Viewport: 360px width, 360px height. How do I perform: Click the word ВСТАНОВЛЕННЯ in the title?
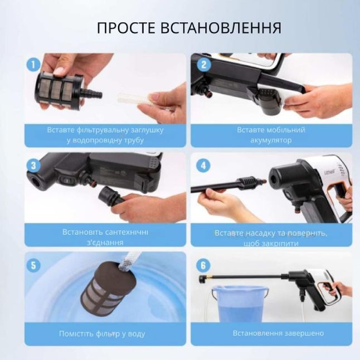click(x=221, y=28)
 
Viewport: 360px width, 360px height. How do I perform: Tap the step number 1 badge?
click(x=33, y=64)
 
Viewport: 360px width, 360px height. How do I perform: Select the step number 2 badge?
click(x=204, y=65)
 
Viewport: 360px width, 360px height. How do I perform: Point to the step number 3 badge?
click(x=33, y=166)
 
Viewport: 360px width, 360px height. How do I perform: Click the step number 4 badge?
click(x=203, y=166)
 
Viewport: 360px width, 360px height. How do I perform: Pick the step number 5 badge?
click(x=33, y=265)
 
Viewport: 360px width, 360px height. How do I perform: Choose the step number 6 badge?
click(x=203, y=265)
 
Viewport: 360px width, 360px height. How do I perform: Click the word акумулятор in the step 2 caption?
click(x=271, y=140)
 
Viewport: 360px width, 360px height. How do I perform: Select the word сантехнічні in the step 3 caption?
click(x=127, y=232)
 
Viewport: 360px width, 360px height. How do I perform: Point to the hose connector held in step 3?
click(x=110, y=196)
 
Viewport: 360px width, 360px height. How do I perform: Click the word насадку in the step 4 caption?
click(x=260, y=233)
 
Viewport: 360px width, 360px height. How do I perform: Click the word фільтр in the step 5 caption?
click(x=108, y=334)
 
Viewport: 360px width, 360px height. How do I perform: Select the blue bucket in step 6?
click(x=240, y=303)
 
